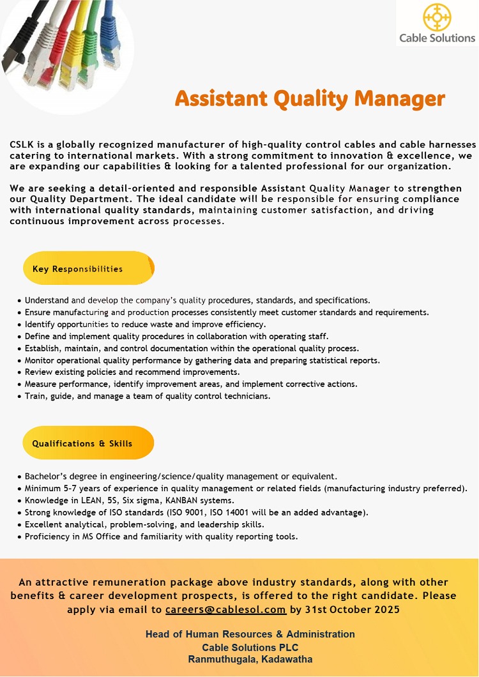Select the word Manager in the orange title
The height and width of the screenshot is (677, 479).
point(400,99)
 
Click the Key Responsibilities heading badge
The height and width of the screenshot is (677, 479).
point(88,269)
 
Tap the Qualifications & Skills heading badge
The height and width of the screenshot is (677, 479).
point(88,443)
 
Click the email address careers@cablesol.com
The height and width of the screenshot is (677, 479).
point(225,609)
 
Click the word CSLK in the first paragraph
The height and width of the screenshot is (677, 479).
point(22,145)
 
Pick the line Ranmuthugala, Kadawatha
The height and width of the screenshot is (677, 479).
point(250,659)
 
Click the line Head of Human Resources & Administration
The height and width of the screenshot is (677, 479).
point(250,634)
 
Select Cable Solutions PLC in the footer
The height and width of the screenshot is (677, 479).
point(250,647)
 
